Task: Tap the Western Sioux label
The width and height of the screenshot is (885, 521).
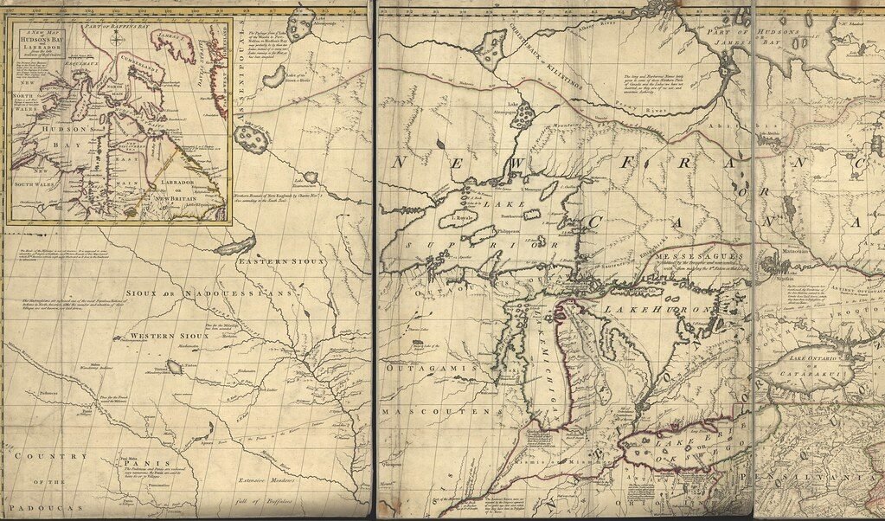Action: [x=170, y=335]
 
